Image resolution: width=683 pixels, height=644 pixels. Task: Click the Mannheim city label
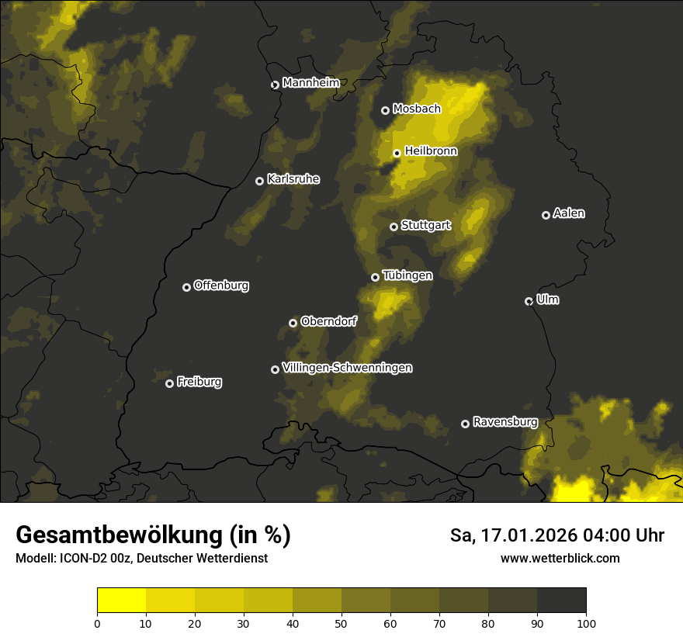[310, 83]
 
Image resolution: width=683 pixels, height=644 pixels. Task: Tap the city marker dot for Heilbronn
[397, 153]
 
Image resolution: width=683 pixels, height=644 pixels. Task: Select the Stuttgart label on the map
[425, 226]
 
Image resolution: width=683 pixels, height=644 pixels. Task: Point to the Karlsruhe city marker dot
[259, 181]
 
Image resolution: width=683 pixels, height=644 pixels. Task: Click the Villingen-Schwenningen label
[347, 368]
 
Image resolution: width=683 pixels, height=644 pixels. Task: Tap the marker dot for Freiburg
[169, 383]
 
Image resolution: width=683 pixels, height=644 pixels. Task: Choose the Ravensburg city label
[504, 422]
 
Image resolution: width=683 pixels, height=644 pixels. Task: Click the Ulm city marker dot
[529, 301]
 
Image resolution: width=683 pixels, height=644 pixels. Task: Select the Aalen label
[569, 213]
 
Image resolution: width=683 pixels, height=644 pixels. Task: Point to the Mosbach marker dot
[385, 110]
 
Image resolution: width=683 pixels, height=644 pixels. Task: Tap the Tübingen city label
[407, 275]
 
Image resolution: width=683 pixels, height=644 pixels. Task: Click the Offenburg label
[221, 286]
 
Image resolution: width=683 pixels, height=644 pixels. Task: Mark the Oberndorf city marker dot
[293, 323]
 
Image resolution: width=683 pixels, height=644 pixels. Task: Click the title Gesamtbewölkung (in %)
[153, 535]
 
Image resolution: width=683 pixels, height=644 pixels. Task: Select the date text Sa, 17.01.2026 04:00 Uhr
[557, 535]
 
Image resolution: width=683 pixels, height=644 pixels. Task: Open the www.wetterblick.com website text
[560, 558]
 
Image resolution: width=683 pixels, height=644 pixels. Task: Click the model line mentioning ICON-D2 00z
[141, 559]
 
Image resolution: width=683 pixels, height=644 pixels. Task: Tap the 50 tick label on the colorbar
[341, 623]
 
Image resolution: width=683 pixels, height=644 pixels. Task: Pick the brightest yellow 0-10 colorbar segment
[121, 601]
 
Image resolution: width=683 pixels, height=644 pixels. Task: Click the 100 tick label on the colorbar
[586, 623]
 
